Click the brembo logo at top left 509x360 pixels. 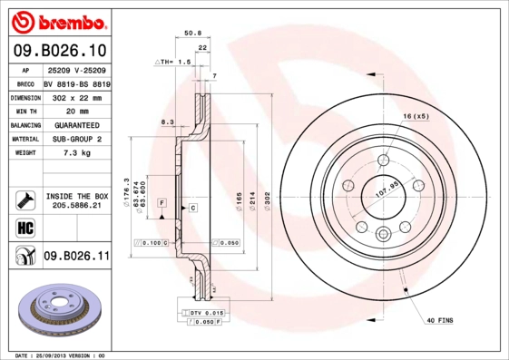click(57, 21)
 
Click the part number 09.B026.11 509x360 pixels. click(76, 257)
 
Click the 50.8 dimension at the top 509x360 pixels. click(192, 33)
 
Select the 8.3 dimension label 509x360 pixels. click(167, 121)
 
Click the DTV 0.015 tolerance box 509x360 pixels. click(206, 312)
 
